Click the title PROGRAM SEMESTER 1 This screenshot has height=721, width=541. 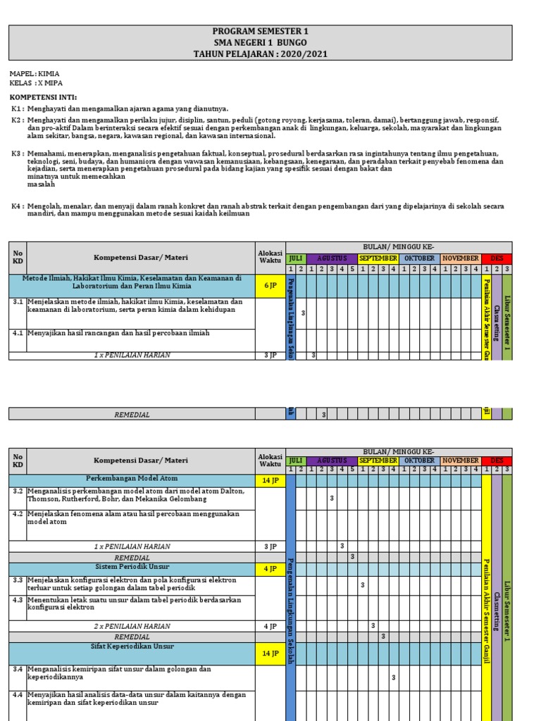coord(260,32)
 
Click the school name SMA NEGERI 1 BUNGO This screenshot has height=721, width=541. coord(260,43)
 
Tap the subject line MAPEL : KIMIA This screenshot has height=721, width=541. coord(34,73)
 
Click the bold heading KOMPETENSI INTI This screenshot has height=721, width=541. coord(43,96)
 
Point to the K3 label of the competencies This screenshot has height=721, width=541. coord(17,153)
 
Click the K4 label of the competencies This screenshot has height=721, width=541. coord(17,206)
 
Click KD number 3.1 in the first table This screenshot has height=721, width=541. coord(18,302)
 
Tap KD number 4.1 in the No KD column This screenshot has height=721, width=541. coord(18,333)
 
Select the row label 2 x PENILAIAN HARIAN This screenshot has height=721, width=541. coord(132,626)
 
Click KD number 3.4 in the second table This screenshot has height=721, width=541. coord(18,669)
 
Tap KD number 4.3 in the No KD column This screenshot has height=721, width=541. coord(18,600)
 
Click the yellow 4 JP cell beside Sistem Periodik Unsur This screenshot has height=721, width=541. coord(270,569)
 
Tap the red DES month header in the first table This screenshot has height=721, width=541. coord(497,258)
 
